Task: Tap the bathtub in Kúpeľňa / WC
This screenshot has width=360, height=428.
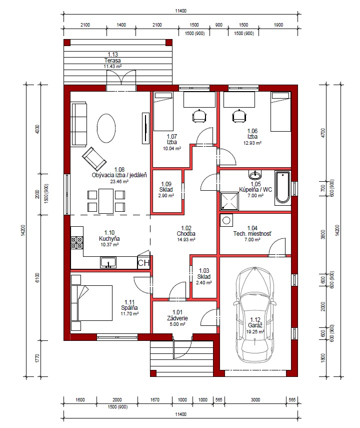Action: click(x=282, y=187)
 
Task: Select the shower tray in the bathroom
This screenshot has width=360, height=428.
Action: click(x=229, y=201)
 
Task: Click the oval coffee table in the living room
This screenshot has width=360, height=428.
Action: click(x=106, y=128)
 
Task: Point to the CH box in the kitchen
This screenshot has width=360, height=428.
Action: click(x=143, y=263)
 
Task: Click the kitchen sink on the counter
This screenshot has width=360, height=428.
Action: click(x=108, y=263)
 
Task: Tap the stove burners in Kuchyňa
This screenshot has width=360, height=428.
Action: click(x=76, y=243)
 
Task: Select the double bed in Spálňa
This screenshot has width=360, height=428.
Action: click(x=91, y=303)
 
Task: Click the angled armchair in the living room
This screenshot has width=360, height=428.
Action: click(x=94, y=159)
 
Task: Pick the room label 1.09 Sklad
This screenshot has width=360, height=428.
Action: click(x=166, y=189)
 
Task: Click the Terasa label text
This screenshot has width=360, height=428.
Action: click(x=112, y=61)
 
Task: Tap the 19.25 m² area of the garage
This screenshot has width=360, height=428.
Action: click(x=255, y=332)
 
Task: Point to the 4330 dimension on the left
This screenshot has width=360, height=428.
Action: click(x=37, y=129)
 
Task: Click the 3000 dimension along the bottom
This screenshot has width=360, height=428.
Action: click(x=255, y=399)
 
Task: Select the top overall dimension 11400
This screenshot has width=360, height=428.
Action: click(x=180, y=11)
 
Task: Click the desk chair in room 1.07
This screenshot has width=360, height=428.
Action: click(x=199, y=116)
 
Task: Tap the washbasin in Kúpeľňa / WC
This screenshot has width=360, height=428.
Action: click(x=255, y=174)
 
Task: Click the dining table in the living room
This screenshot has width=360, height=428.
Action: click(x=106, y=201)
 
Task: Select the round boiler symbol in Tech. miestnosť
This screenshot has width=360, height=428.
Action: click(x=226, y=220)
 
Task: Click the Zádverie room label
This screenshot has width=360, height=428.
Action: click(x=177, y=318)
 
